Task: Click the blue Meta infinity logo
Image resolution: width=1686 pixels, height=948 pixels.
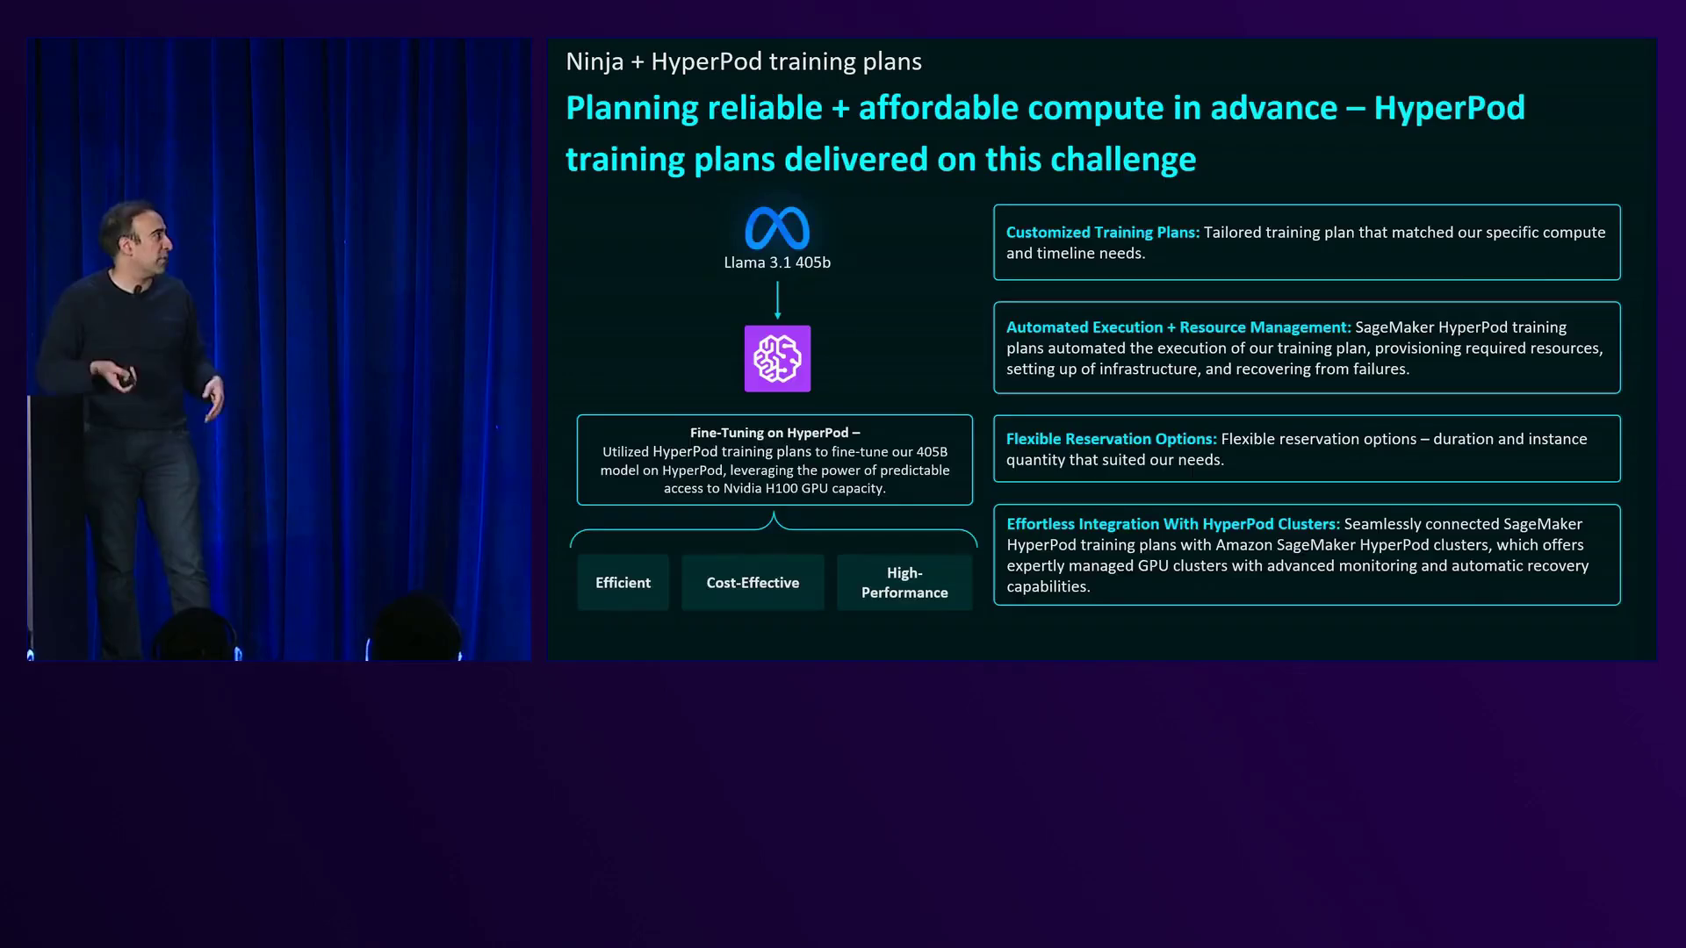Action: tap(777, 228)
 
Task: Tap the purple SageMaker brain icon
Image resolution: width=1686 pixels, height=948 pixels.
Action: tap(777, 359)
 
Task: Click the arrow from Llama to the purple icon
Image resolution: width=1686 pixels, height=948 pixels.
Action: tap(777, 300)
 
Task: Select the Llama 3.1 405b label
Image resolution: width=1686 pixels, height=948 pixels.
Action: tap(777, 262)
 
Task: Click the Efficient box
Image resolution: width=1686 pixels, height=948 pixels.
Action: tap(623, 583)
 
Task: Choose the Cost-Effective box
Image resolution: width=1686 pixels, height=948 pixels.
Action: tap(753, 583)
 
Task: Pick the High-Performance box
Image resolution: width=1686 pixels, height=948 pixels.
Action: tap(904, 583)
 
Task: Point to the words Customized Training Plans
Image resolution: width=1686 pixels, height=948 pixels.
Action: tap(1102, 233)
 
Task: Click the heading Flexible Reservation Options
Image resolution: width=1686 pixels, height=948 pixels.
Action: tap(1111, 439)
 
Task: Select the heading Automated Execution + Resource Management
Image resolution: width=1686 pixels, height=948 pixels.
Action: tap(1178, 327)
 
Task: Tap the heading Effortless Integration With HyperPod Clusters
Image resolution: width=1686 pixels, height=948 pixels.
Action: tap(1173, 524)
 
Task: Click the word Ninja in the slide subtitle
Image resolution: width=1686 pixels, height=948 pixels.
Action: tap(594, 62)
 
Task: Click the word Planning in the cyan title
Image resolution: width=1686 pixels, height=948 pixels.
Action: tap(630, 109)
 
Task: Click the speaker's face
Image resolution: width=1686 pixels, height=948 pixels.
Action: tap(149, 235)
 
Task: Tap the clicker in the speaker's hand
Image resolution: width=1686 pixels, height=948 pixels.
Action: tap(126, 378)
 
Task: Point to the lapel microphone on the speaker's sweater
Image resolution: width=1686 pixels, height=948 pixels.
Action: tap(138, 289)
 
